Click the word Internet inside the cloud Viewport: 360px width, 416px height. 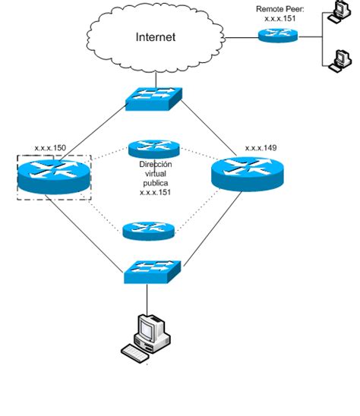pos(155,36)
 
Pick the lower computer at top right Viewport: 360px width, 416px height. pos(336,60)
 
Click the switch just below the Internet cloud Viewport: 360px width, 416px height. pos(155,96)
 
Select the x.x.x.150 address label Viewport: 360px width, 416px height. pos(51,149)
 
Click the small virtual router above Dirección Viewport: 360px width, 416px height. pos(154,148)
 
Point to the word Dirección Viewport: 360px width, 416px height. pos(156,164)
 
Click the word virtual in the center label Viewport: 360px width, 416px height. pos(155,174)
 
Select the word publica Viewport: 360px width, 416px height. pos(155,183)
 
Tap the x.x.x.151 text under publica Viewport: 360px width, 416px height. pos(155,193)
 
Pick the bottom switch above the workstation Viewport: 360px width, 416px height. pos(153,271)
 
